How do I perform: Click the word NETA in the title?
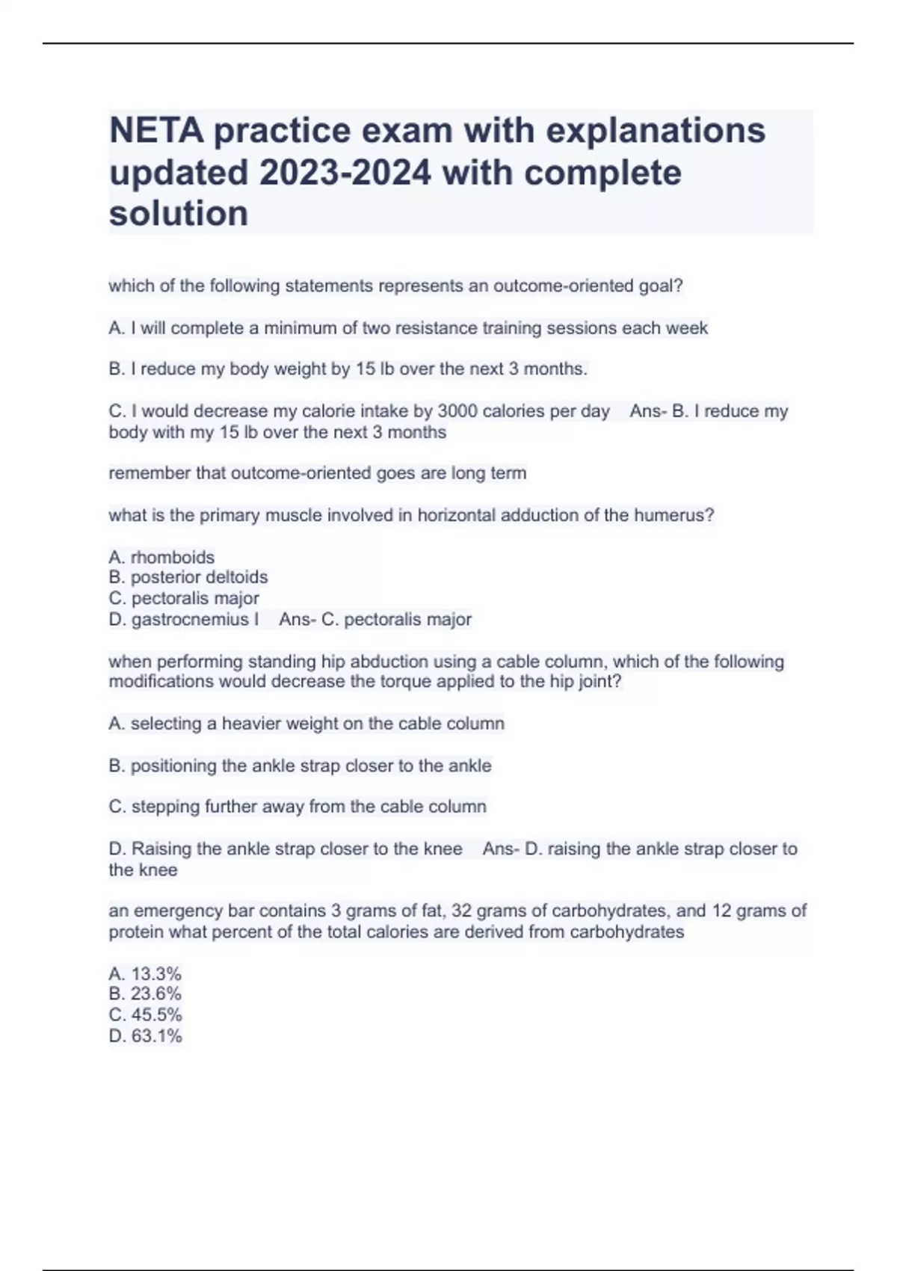[156, 131]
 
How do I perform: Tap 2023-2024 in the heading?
[345, 173]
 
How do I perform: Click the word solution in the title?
[178, 214]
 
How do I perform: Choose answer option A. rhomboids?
[161, 557]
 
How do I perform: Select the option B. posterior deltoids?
[188, 577]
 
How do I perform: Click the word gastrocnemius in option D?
[190, 619]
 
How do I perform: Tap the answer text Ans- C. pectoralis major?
[375, 619]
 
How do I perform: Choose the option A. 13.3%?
[145, 973]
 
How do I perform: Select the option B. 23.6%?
[145, 994]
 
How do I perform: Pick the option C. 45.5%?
[145, 1015]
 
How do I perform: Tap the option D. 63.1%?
[145, 1035]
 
